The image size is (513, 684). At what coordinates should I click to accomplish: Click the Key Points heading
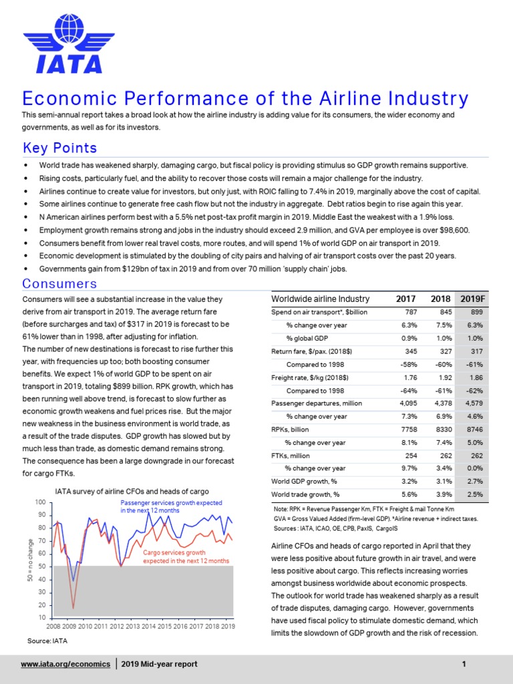59,148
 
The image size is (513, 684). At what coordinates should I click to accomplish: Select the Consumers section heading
59,284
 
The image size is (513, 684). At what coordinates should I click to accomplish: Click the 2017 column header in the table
405,298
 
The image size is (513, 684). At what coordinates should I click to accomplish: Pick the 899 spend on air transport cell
475,312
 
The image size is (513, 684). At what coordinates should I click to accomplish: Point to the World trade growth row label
305,494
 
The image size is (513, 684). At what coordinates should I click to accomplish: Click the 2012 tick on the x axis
116,627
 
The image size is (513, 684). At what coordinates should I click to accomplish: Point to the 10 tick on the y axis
41,617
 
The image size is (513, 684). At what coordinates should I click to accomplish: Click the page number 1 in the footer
463,664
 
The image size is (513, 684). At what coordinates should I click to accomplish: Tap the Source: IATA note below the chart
47,641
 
